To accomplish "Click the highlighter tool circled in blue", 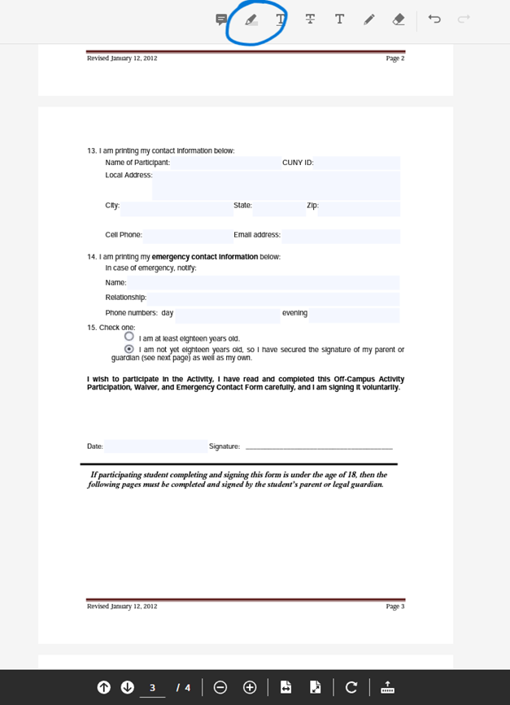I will pyautogui.click(x=251, y=20).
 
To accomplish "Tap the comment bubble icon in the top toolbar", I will pyautogui.click(x=221, y=20).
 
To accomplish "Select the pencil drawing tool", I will pyautogui.click(x=368, y=20).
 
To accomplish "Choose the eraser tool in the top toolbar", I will pyautogui.click(x=398, y=20).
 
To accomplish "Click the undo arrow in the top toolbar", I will pyautogui.click(x=435, y=20).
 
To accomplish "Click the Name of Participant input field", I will pyautogui.click(x=224, y=163).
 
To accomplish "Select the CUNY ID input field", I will pyautogui.click(x=357, y=163).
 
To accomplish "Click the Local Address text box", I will pyautogui.click(x=276, y=185).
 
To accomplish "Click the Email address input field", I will pyautogui.click(x=341, y=236).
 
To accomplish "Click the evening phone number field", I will pyautogui.click(x=354, y=314).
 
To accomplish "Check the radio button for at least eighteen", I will pyautogui.click(x=129, y=337).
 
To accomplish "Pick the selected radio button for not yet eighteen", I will pyautogui.click(x=129, y=348).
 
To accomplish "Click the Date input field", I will pyautogui.click(x=155, y=446).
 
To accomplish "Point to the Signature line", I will pyautogui.click(x=318, y=446).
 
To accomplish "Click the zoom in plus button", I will pyautogui.click(x=250, y=687).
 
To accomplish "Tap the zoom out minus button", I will pyautogui.click(x=220, y=687).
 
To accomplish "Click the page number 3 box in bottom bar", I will pyautogui.click(x=152, y=688).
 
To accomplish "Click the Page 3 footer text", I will pyautogui.click(x=394, y=607).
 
